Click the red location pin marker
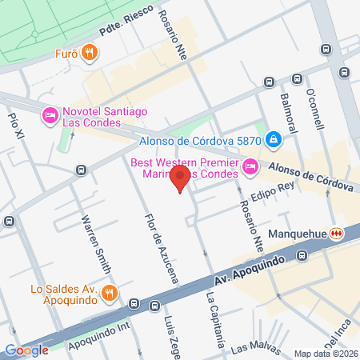182,178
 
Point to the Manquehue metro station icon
338,233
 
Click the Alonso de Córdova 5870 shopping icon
274,139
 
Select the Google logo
26,350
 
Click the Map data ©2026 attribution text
324,354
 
